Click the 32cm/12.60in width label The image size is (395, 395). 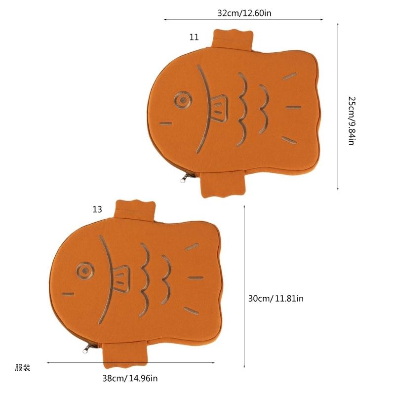tap(244, 13)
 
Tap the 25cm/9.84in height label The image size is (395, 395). tap(352, 120)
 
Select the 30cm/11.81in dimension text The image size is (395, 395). tap(276, 299)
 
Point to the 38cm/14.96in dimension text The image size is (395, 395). tap(130, 378)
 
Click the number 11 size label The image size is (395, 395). tap(194, 38)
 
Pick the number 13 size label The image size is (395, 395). tap(97, 209)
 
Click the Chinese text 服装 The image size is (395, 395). tap(22, 367)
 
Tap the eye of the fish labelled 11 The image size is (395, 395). tap(183, 100)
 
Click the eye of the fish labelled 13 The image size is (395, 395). tap(85, 271)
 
